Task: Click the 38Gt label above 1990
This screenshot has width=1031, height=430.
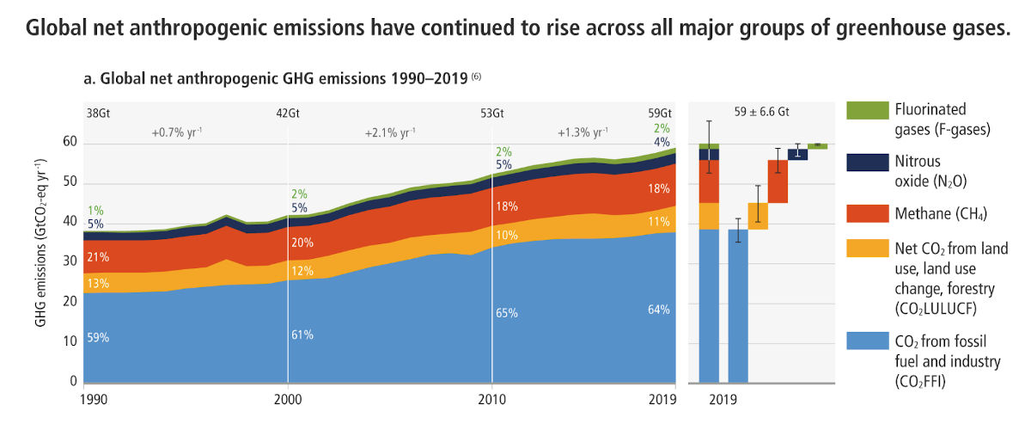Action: click(98, 112)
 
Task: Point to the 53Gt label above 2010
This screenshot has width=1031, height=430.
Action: click(491, 112)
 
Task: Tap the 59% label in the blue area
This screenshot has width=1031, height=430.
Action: click(98, 338)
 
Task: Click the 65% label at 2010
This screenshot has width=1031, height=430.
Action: click(507, 313)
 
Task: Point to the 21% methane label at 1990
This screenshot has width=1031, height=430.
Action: click(98, 256)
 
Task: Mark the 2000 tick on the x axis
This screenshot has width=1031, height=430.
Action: click(288, 400)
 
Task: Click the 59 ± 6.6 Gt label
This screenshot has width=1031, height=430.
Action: click(761, 112)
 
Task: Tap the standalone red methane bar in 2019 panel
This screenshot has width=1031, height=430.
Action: click(778, 181)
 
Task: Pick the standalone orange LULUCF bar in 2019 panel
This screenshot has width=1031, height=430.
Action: click(758, 216)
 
